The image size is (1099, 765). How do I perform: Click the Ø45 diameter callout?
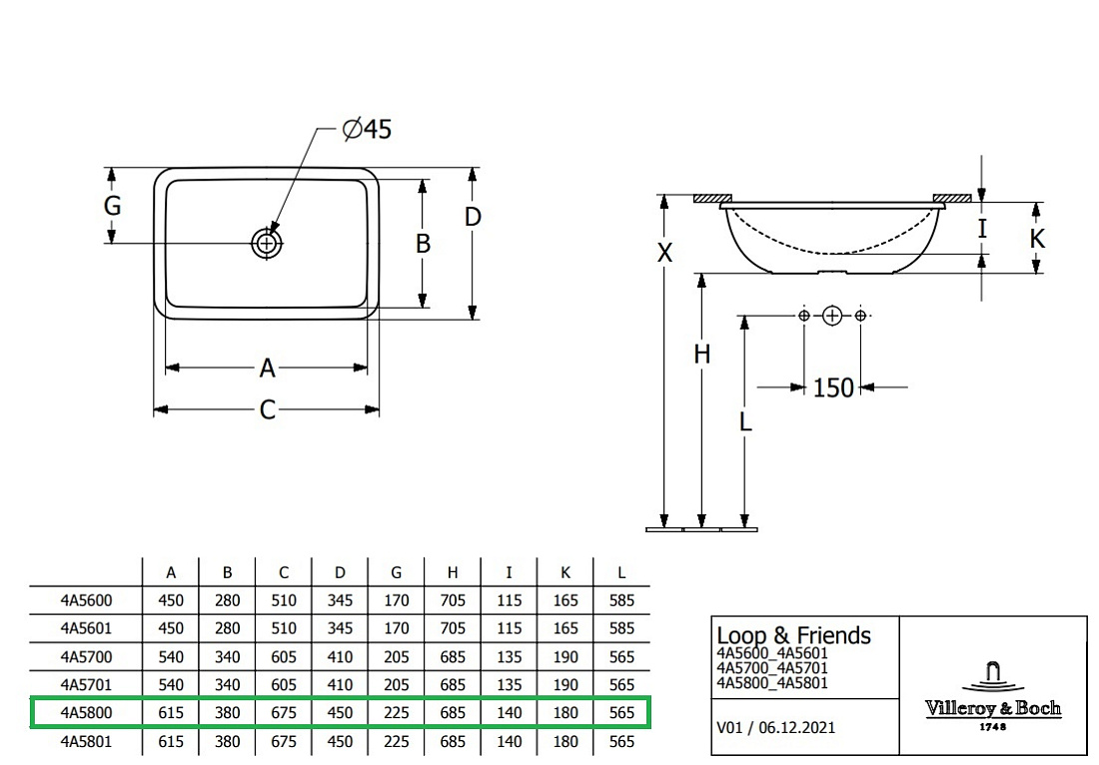(367, 129)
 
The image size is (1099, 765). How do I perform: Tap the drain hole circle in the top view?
(267, 243)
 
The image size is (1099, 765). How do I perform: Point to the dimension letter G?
(112, 206)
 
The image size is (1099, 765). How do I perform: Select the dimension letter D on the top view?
(474, 217)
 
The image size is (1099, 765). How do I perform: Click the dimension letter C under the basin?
(267, 409)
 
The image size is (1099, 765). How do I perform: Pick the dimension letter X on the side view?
(664, 253)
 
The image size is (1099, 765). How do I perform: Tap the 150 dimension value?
(833, 387)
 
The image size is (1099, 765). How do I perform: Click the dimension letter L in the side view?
(745, 421)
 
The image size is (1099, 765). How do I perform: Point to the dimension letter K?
(1037, 239)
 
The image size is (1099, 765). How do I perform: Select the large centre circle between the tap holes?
(832, 316)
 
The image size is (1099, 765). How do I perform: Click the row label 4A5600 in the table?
(86, 600)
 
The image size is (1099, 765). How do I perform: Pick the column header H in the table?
(453, 573)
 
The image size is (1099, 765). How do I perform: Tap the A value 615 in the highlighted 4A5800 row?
(171, 712)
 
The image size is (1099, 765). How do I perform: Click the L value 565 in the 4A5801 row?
(621, 741)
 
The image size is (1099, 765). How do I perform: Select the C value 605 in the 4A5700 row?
(284, 657)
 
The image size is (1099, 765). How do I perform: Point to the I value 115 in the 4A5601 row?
(509, 628)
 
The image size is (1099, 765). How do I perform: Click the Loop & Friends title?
(793, 635)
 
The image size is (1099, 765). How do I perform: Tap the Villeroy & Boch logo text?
(992, 708)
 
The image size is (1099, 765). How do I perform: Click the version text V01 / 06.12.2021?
(776, 727)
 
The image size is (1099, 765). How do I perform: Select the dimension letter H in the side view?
(701, 355)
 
